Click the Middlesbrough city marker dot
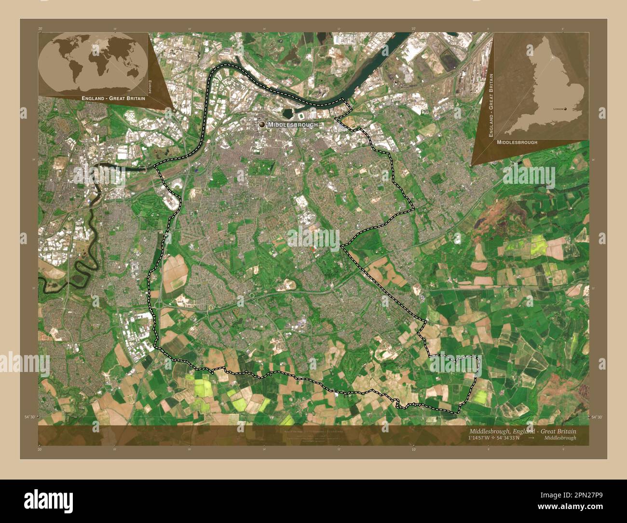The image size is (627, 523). [262, 124]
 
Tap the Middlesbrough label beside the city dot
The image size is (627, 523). [293, 124]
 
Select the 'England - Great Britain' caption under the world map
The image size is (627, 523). [113, 98]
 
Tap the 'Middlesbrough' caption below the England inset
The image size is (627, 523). [517, 142]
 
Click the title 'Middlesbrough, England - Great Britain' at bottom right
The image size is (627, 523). [522, 431]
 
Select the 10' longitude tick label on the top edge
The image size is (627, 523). [413, 29]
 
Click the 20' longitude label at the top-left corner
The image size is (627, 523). [40, 29]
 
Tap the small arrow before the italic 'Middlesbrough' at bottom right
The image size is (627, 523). [531, 438]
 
